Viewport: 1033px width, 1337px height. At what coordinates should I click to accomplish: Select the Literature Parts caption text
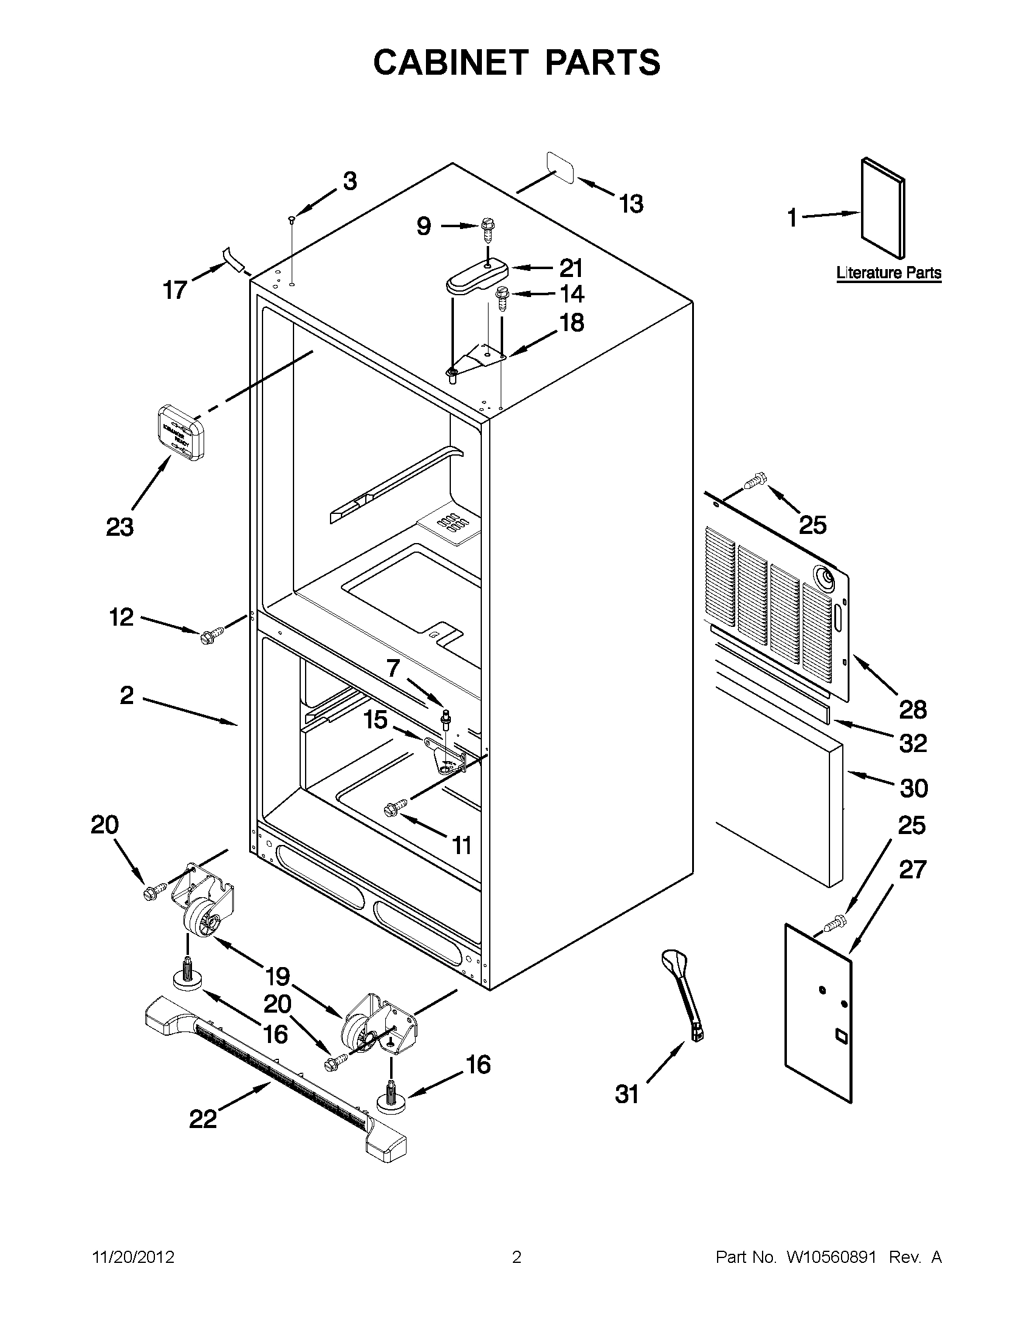888,273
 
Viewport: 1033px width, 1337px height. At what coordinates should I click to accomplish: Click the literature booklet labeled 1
882,208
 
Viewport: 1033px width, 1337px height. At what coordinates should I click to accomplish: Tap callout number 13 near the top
631,204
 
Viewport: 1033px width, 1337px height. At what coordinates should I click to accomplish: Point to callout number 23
120,527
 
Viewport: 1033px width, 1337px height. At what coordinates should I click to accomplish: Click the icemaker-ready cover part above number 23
177,431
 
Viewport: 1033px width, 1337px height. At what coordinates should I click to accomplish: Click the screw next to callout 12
208,637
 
